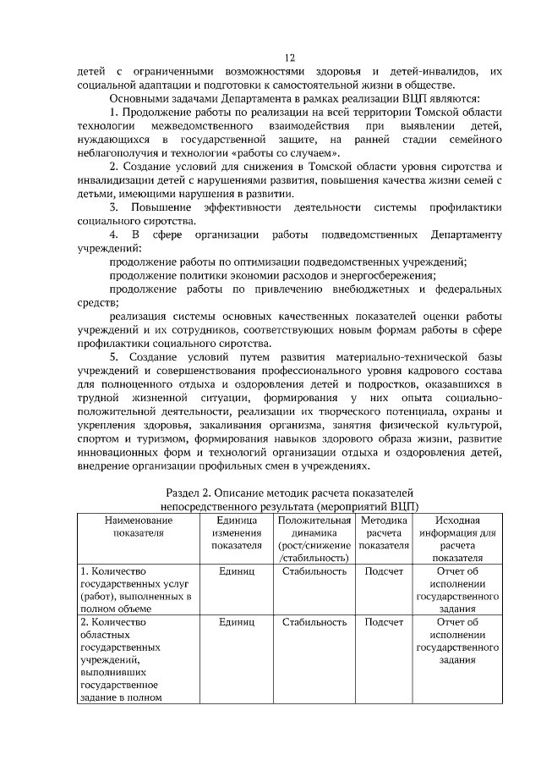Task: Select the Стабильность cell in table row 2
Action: (314, 622)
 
